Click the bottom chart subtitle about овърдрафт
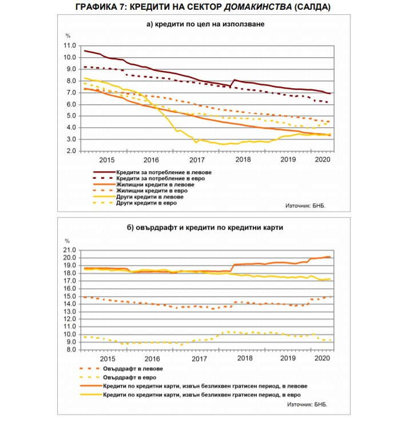(x=204, y=227)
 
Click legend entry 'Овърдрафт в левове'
(x=133, y=368)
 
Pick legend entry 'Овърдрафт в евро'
(x=129, y=377)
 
